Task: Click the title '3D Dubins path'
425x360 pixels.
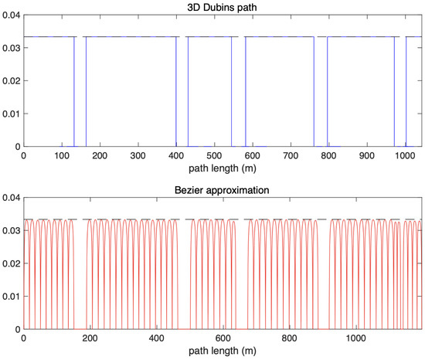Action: tap(224, 7)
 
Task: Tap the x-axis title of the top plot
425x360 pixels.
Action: tap(224, 167)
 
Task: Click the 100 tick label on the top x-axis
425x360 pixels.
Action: tap(62, 155)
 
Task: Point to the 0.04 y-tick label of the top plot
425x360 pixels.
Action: tap(11, 15)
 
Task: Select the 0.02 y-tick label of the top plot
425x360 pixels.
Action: tap(11, 81)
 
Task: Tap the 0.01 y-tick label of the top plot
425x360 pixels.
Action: tap(11, 114)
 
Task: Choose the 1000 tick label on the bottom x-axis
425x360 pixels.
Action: tap(357, 338)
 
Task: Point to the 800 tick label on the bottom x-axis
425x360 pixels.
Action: tap(291, 338)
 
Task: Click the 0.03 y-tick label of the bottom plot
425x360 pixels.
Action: tap(11, 232)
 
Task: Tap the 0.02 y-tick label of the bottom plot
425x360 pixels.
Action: tap(11, 264)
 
